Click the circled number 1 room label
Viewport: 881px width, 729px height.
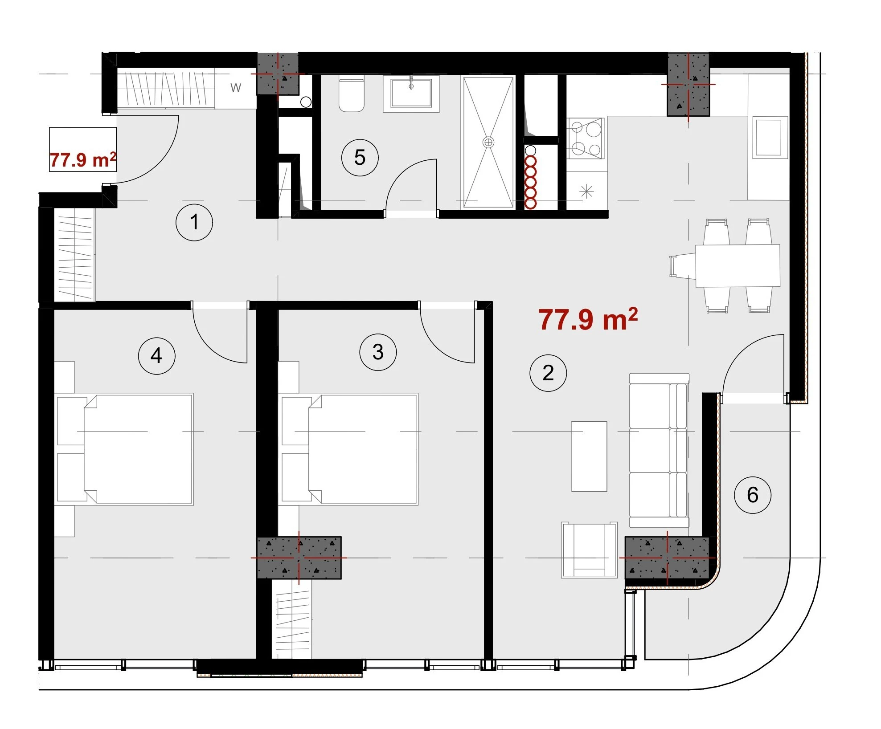coord(194,222)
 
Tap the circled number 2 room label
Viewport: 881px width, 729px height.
coord(548,373)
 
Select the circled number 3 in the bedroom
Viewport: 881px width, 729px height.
coord(378,352)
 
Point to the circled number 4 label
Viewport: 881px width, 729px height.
coord(156,356)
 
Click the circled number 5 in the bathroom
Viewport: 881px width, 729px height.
coord(360,157)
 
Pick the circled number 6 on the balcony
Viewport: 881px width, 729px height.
coord(753,495)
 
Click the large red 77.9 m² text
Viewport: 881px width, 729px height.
coord(588,319)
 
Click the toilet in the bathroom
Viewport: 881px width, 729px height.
coord(352,94)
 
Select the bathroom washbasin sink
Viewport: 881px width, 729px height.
coord(411,93)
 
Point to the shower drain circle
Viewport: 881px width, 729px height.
coord(488,143)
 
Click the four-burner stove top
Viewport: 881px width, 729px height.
coord(586,138)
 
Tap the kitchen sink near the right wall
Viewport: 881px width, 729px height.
coord(769,137)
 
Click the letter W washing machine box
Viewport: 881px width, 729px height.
coord(236,88)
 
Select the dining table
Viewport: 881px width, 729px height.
coord(738,265)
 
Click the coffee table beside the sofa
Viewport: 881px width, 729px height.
coord(589,456)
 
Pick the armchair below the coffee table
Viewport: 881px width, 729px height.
coord(589,550)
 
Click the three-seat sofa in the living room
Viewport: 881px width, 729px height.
coord(659,451)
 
